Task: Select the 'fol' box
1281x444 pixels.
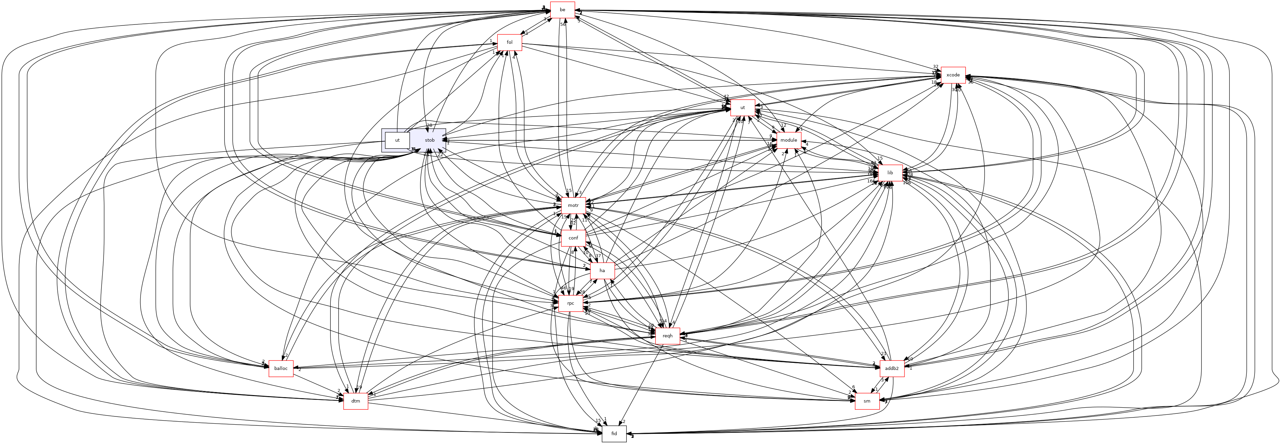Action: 510,42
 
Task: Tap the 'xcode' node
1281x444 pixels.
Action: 953,75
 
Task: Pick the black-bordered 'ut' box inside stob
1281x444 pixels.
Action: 397,140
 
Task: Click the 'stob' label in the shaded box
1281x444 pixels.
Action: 429,140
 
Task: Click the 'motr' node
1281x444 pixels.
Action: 573,206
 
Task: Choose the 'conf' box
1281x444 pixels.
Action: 573,238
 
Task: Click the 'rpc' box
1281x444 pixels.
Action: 570,303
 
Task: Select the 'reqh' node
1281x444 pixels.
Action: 667,336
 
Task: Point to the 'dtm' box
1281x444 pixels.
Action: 355,401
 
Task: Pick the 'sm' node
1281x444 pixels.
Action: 867,401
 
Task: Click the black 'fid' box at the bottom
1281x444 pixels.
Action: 614,433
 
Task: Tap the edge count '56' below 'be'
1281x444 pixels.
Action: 563,25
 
